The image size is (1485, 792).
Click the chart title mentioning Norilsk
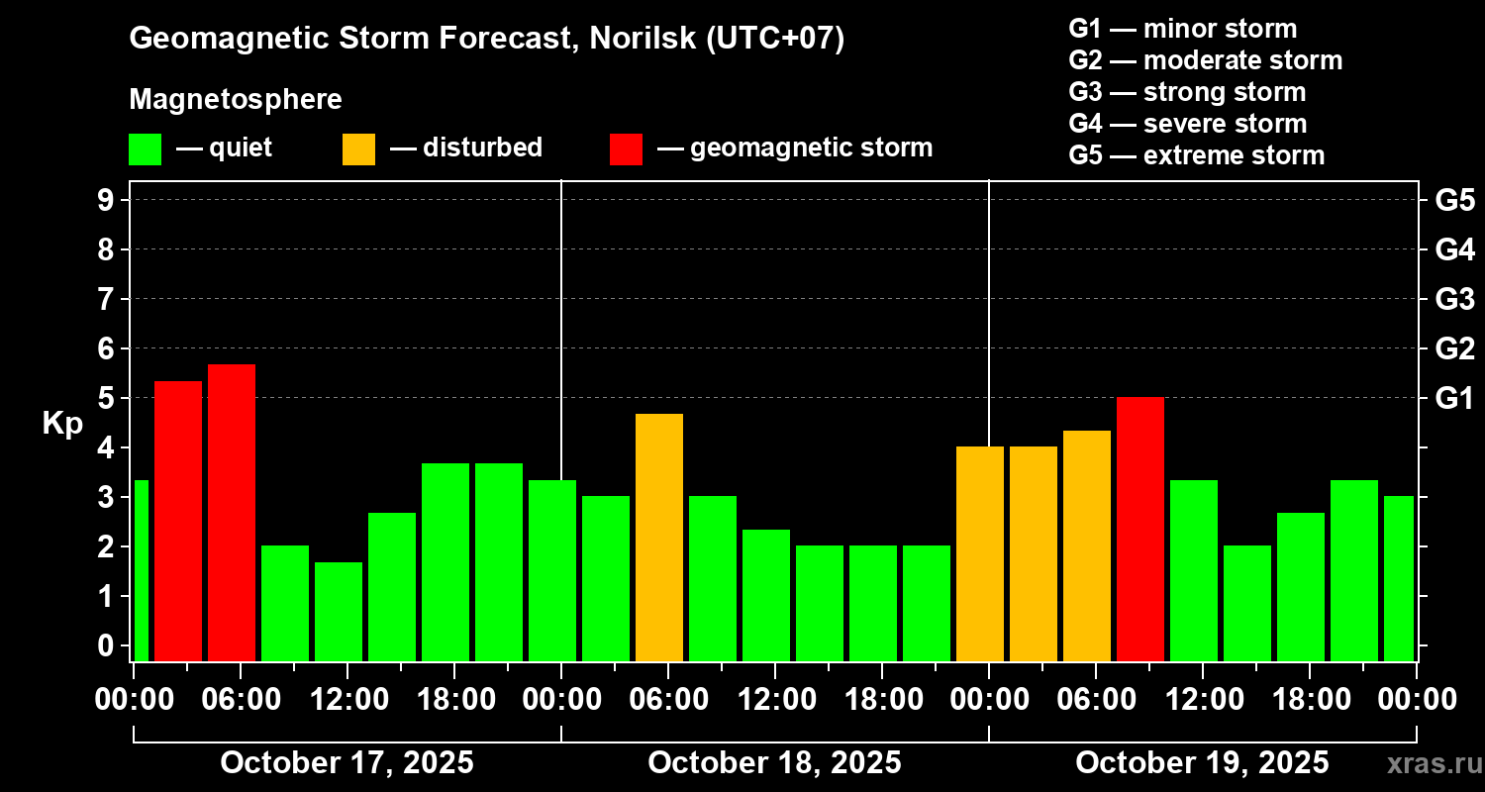486,40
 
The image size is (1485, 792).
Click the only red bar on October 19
1140,529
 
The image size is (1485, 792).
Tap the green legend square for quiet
145,149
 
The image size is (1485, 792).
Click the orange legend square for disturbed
358,149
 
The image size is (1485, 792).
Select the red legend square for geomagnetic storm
626,149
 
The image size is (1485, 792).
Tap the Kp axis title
62,424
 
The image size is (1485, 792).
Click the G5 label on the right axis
1454,200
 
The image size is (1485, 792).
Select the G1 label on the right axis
1454,399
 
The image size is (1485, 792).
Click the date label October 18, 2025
774,763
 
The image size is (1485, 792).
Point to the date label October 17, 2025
346,763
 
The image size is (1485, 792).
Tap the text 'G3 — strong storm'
1187,92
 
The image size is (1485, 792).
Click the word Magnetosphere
236,100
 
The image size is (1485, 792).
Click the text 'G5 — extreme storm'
1196,155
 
